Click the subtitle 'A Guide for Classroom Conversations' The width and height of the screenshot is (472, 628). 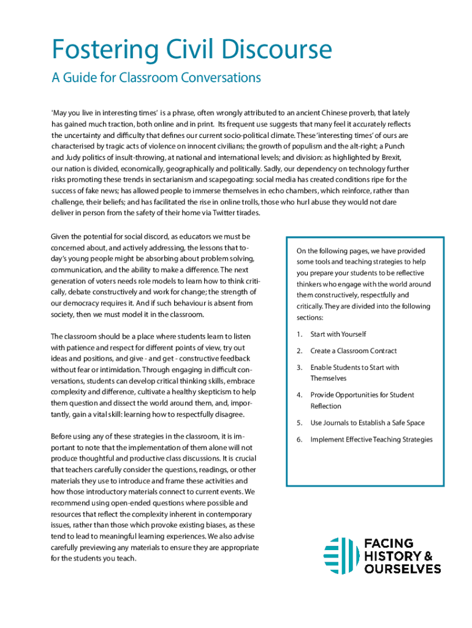click(x=156, y=78)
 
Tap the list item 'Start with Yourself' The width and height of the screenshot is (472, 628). click(x=338, y=334)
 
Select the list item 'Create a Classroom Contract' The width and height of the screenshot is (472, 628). click(x=354, y=351)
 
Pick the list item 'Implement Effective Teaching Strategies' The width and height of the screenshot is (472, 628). click(x=371, y=439)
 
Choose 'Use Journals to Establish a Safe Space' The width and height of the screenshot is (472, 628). click(x=367, y=423)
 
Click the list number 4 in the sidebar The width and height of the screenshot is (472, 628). click(x=299, y=395)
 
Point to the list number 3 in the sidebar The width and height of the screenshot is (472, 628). click(x=299, y=367)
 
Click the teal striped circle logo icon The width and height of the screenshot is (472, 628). click(x=341, y=556)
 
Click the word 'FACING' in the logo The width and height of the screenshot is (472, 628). click(x=389, y=543)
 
